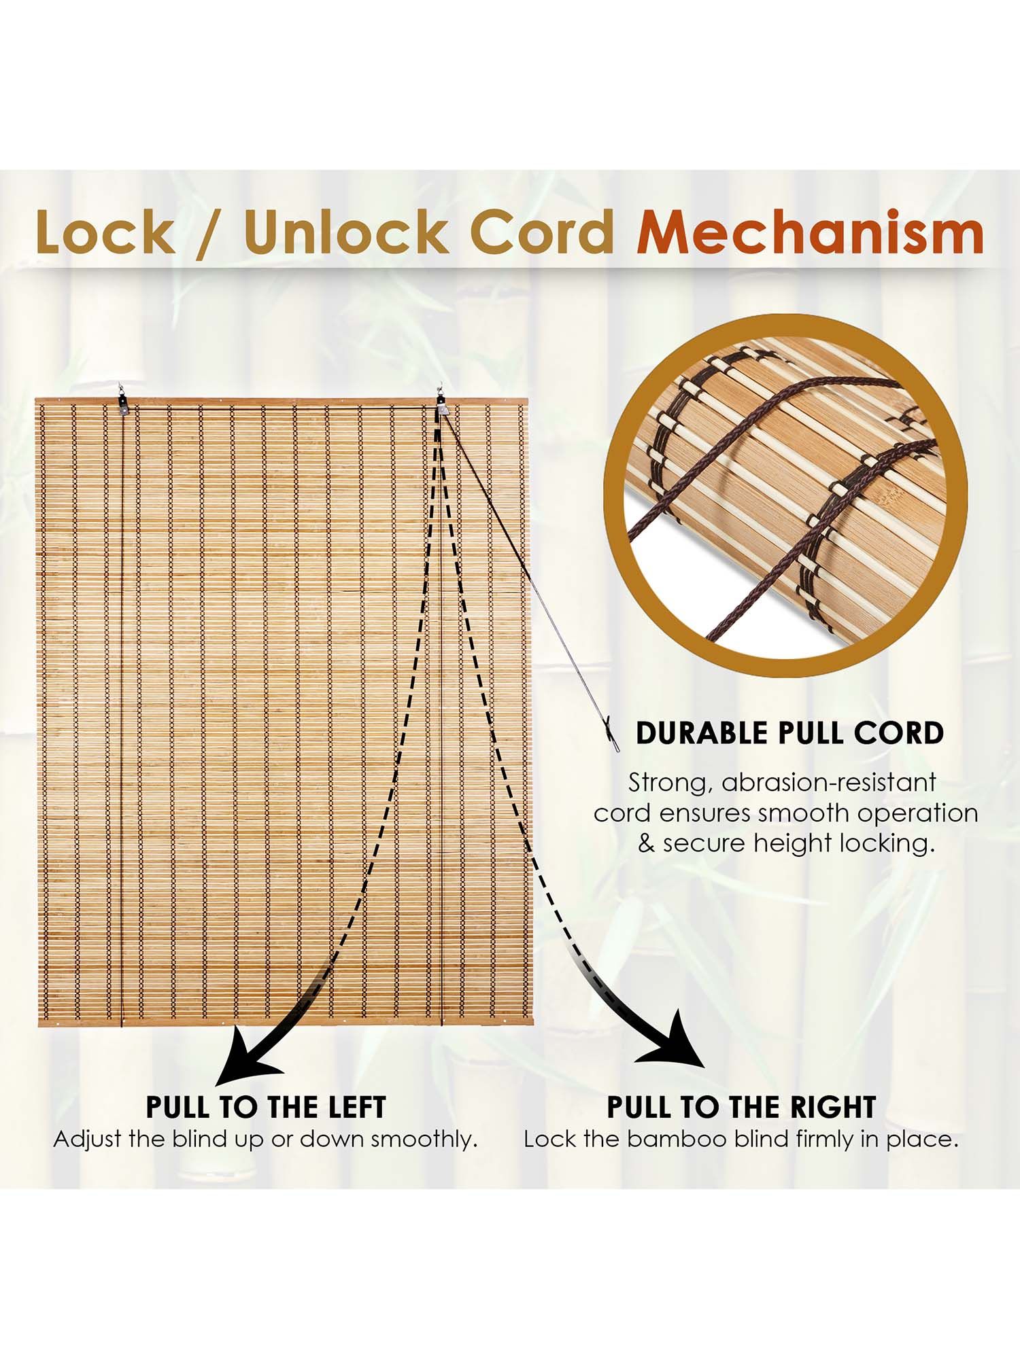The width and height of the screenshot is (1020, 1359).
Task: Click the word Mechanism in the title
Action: pos(810,232)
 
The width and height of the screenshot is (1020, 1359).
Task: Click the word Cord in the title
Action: pos(542,232)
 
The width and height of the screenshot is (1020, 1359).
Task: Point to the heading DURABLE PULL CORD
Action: pos(789,733)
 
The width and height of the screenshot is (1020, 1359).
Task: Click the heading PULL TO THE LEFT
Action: pos(266,1108)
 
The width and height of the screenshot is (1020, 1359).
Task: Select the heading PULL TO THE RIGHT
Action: pos(741,1108)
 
